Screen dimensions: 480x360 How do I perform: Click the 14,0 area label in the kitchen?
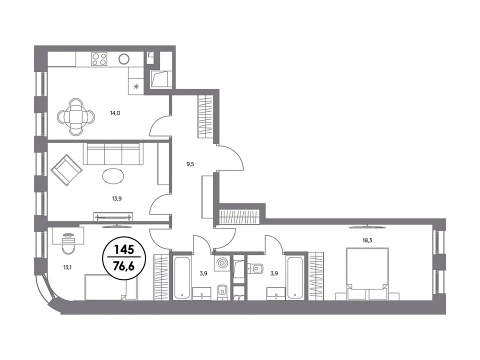[x=115, y=113]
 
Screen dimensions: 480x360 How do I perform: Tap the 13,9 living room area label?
[x=116, y=198]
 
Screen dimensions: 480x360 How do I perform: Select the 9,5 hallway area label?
[x=190, y=164]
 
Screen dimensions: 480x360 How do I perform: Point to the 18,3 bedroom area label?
[x=367, y=240]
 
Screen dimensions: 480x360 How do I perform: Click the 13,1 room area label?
[x=67, y=267]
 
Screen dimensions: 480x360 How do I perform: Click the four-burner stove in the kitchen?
[x=99, y=59]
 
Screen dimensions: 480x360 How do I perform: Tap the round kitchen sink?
[x=124, y=58]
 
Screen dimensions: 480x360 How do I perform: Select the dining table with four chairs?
[x=76, y=116]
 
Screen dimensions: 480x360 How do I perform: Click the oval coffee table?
[x=113, y=176]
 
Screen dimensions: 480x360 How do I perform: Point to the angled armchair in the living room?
[x=66, y=170]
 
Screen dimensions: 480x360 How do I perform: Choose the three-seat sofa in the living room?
[x=113, y=153]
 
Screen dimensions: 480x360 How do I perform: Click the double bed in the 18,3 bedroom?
[x=367, y=273]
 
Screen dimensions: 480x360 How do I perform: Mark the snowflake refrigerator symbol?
[x=136, y=86]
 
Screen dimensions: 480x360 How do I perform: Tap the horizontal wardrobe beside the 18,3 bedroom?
[x=240, y=217]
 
